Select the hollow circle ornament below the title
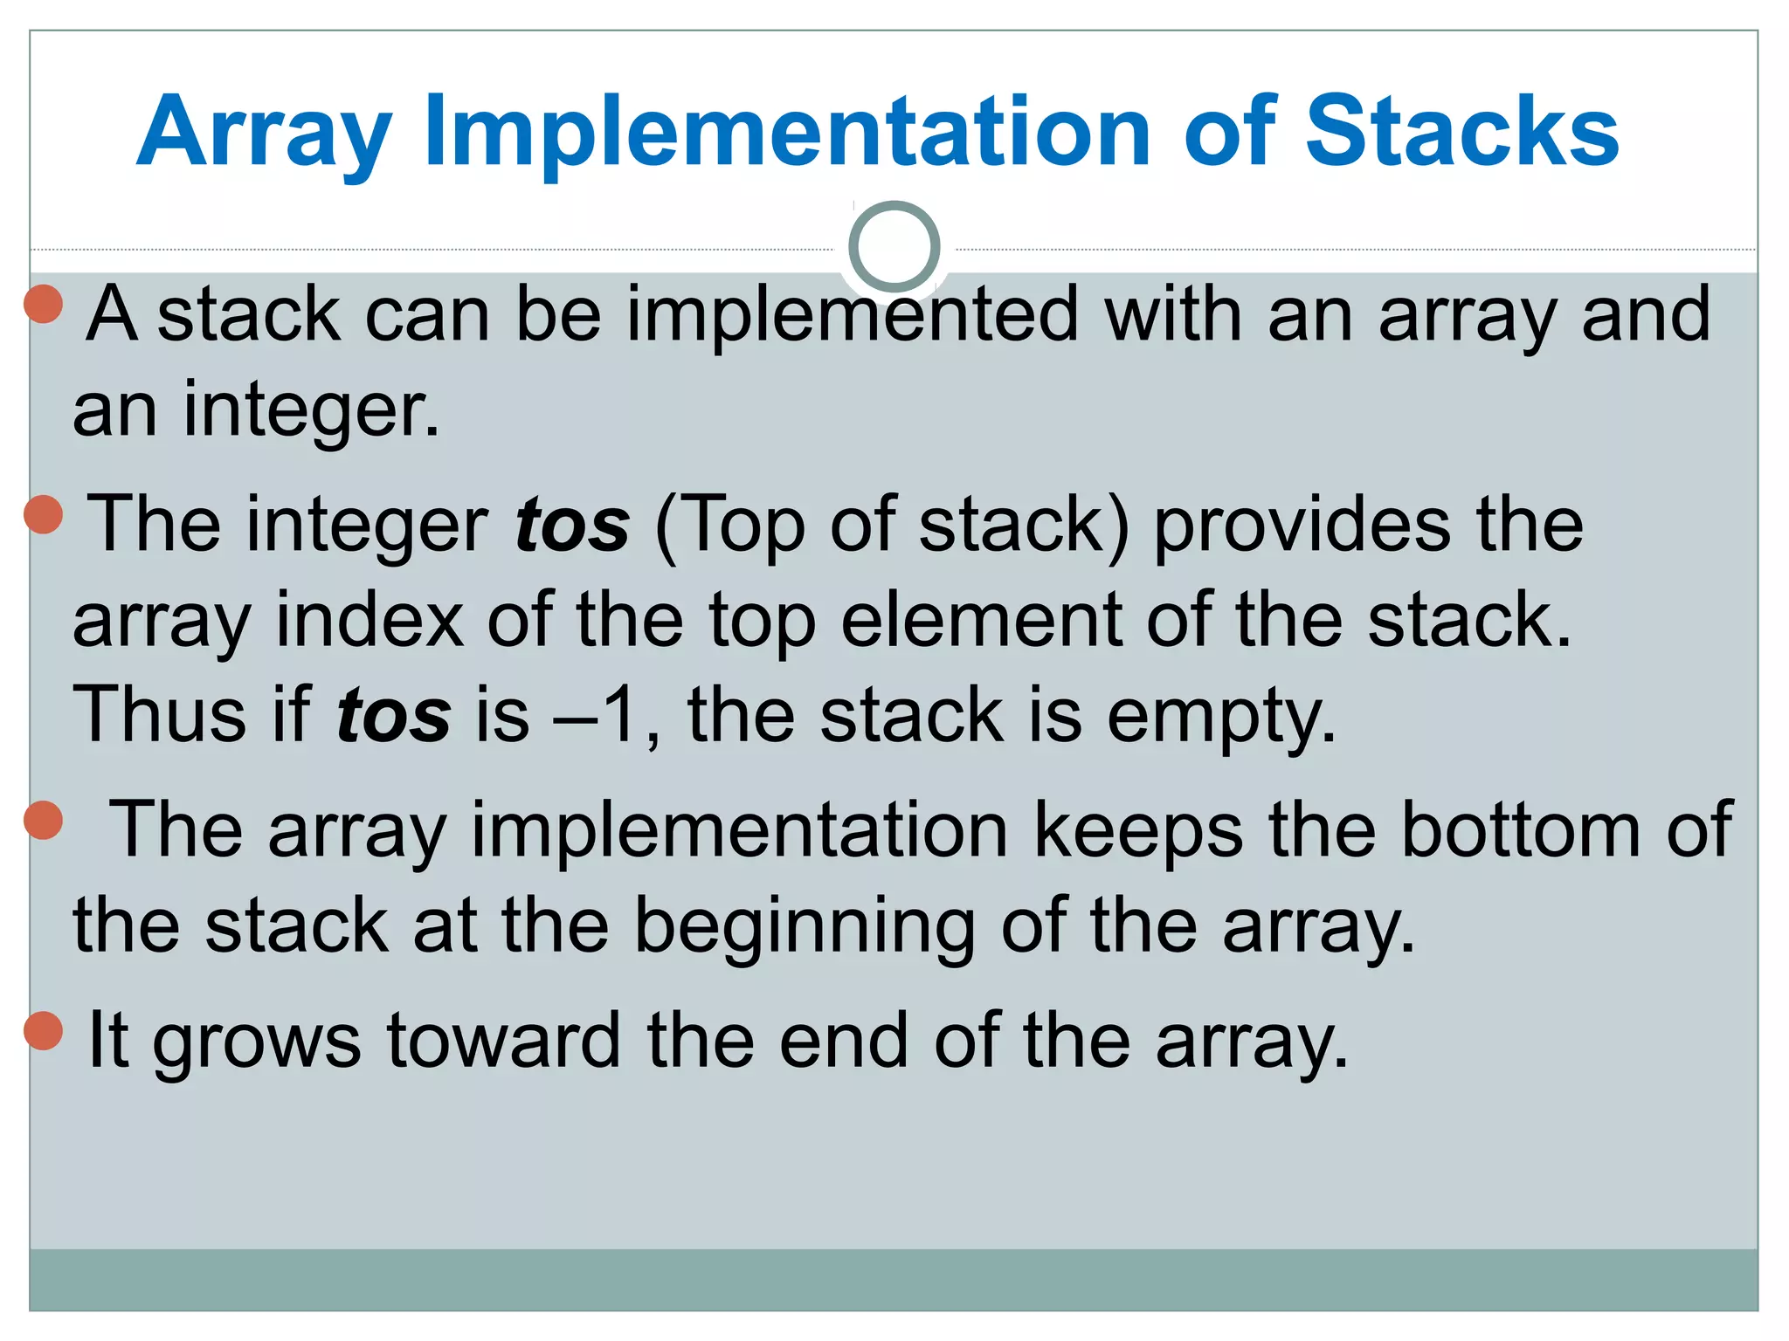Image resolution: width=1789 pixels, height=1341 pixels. pyautogui.click(x=894, y=247)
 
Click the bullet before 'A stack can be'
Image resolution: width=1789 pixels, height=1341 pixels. pyautogui.click(x=44, y=304)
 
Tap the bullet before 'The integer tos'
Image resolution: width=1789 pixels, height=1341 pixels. pyautogui.click(x=44, y=514)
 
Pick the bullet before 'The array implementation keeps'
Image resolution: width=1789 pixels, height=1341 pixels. pyautogui.click(x=44, y=820)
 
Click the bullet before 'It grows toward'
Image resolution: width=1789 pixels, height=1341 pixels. pyautogui.click(x=44, y=1030)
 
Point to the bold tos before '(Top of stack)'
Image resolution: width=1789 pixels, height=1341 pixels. pyautogui.click(x=572, y=526)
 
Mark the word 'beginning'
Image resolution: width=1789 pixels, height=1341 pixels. pyautogui.click(x=804, y=927)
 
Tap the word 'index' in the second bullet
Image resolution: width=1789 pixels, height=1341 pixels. pyautogui.click(x=370, y=620)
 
